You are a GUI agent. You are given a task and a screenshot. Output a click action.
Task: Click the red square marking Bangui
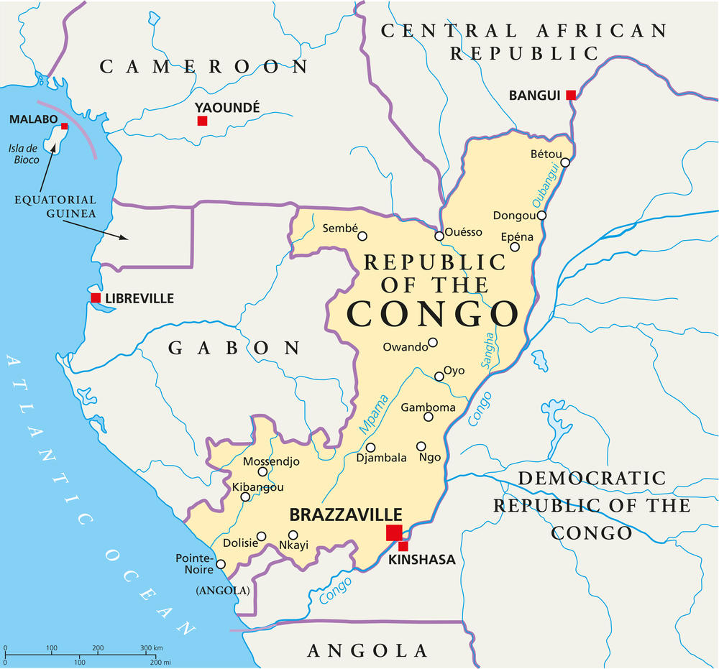pos(570,95)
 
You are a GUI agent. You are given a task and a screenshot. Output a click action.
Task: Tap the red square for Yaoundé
pos(202,121)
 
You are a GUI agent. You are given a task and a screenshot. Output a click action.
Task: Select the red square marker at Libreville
pos(96,297)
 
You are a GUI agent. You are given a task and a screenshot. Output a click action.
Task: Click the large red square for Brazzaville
pos(394,532)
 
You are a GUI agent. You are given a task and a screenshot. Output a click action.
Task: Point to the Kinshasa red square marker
pos(403,546)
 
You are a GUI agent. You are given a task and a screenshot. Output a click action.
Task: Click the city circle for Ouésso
pos(439,236)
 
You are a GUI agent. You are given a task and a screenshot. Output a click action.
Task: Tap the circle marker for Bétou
pos(565,162)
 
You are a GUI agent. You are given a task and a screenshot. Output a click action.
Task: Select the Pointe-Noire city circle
pos(221,564)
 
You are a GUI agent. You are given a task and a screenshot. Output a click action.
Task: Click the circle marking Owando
pos(433,343)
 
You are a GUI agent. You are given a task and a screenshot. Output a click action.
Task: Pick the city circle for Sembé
pos(362,236)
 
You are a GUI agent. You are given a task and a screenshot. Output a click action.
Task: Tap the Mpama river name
pos(374,415)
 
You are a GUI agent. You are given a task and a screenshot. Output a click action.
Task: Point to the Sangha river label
pos(489,350)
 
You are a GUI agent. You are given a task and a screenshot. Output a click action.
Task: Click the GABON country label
pos(234,349)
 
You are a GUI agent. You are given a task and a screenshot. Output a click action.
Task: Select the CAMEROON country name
pos(204,67)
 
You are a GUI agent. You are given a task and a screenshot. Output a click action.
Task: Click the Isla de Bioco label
pos(24,154)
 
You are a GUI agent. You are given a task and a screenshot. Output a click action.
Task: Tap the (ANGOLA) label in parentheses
pos(222,591)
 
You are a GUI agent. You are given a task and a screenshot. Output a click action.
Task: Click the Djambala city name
pos(382,457)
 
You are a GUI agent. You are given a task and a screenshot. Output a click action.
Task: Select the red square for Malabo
pos(64,126)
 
